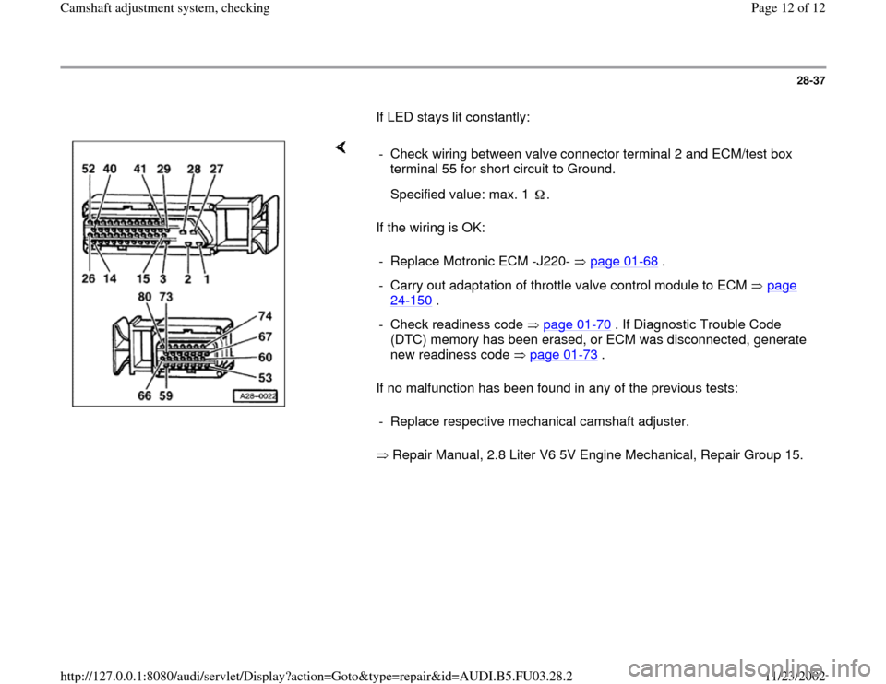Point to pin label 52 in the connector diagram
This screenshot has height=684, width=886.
[89, 169]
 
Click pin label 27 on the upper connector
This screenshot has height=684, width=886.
[216, 169]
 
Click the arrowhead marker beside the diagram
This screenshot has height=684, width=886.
[341, 147]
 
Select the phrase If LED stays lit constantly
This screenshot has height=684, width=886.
[452, 118]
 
